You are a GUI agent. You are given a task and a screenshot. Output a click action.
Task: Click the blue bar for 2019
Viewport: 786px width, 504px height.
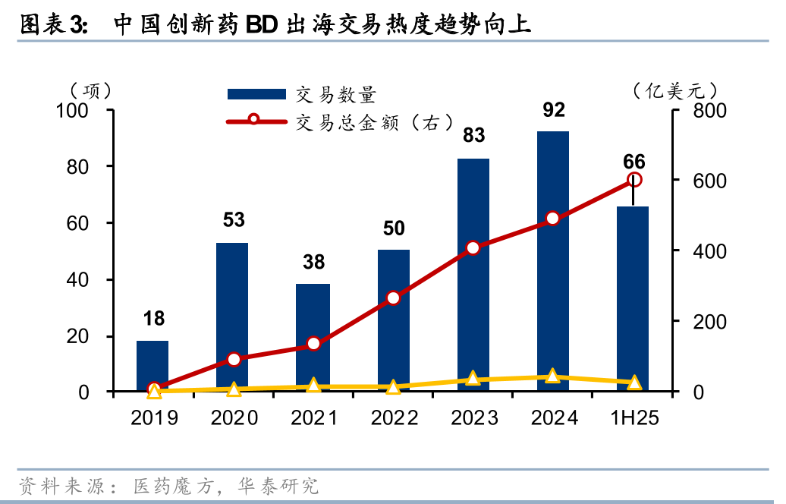(x=152, y=366)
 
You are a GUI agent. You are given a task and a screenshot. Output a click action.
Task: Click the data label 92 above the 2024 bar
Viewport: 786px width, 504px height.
(x=554, y=110)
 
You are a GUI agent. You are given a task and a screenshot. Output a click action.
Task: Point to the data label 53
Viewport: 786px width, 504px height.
(x=233, y=220)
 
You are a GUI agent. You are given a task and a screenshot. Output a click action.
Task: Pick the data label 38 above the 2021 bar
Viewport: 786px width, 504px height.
(x=313, y=262)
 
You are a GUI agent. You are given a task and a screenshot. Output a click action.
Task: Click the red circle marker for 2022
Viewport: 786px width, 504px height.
(x=393, y=298)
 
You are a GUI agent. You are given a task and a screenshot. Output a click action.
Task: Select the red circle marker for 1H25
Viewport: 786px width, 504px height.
(x=635, y=180)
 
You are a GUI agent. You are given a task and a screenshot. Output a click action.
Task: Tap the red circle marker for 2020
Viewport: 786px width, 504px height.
(x=234, y=359)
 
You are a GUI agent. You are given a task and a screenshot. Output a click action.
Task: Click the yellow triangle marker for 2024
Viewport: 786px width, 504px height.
(x=553, y=376)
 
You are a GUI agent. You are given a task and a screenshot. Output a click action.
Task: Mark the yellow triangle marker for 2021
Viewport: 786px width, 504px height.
(x=313, y=386)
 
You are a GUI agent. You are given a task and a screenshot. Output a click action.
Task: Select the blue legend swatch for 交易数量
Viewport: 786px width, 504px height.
(x=256, y=94)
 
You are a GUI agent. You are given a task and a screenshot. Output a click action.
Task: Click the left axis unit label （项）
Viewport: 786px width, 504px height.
(x=90, y=91)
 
